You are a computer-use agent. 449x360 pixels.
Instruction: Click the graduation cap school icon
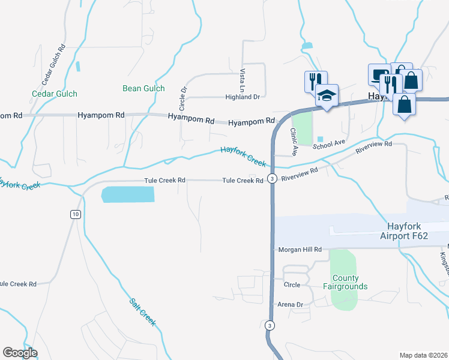[x=327, y=96]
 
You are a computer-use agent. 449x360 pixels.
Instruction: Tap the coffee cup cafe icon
[x=378, y=76]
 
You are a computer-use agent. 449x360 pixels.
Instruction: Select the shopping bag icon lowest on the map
[x=405, y=104]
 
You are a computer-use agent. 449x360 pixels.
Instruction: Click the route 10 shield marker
[x=74, y=214]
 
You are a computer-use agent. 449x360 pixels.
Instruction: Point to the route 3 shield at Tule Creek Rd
[x=272, y=179]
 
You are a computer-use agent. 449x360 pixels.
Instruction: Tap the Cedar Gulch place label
[x=55, y=94]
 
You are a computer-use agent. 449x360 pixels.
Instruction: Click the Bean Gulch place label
[x=143, y=88]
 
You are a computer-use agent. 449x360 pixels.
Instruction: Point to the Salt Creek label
[x=143, y=312]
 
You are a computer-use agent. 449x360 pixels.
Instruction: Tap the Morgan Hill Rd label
[x=300, y=249]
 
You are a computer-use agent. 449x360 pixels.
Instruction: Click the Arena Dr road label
[x=290, y=305]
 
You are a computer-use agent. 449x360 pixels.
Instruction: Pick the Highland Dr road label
[x=242, y=97]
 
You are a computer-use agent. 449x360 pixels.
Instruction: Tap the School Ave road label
[x=328, y=145]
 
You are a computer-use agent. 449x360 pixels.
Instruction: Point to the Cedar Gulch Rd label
[x=53, y=65]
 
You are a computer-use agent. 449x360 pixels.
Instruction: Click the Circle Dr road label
[x=184, y=97]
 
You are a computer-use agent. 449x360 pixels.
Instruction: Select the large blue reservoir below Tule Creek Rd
[x=128, y=194]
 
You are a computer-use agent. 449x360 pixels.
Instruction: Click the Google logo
[x=20, y=353]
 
